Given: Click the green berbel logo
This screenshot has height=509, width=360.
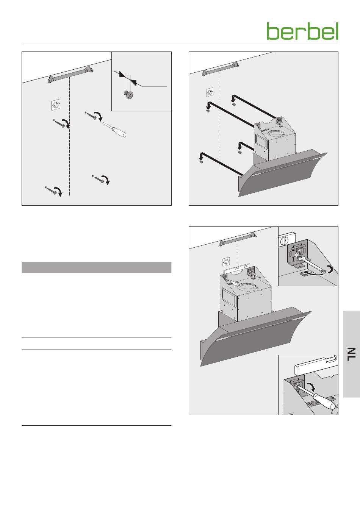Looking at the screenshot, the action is (302, 31).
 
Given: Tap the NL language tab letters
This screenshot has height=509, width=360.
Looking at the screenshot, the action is (351, 354).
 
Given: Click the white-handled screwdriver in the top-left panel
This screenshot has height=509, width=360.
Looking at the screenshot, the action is (114, 129).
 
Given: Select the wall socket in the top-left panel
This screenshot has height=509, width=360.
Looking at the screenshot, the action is (55, 105).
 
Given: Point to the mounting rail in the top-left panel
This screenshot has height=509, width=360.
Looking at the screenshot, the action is (71, 75).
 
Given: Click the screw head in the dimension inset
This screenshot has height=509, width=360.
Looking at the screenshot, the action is (128, 94).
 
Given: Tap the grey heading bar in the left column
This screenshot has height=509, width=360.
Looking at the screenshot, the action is (96, 267).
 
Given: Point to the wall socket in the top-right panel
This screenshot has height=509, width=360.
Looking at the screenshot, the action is (210, 92).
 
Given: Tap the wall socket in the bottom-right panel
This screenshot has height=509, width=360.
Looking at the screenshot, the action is (226, 262).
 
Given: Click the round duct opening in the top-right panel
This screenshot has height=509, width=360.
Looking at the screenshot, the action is (278, 134).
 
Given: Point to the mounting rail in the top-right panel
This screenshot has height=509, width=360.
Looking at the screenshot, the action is (221, 68).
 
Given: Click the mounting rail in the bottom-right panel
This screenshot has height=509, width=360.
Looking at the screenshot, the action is (238, 239).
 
